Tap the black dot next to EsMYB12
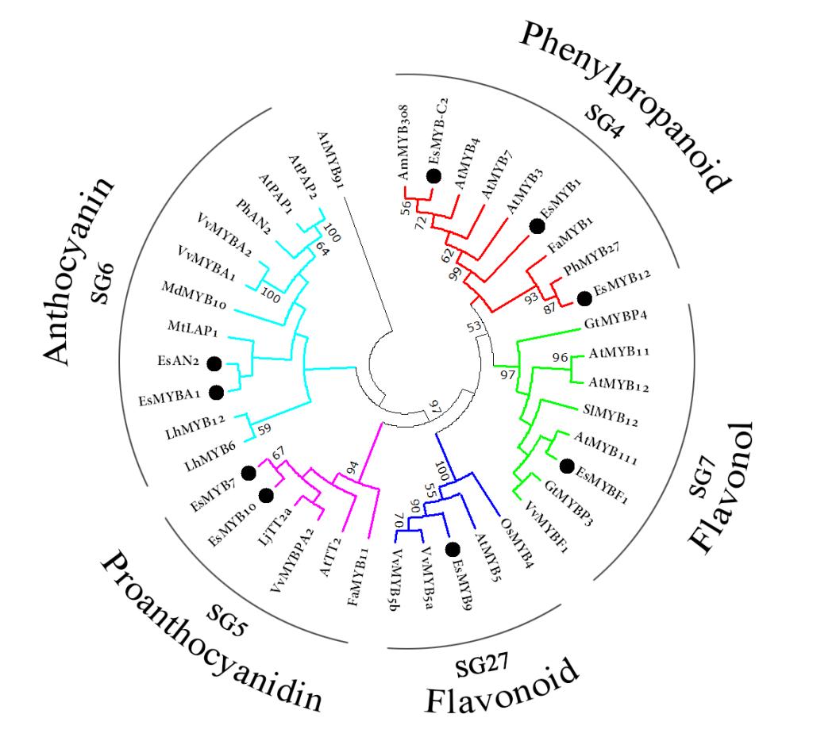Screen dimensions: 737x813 pos(584,298)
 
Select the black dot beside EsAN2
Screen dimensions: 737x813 pos(214,363)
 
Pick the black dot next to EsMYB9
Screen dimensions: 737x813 pos(453,549)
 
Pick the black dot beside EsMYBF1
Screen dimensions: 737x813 pos(566,464)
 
